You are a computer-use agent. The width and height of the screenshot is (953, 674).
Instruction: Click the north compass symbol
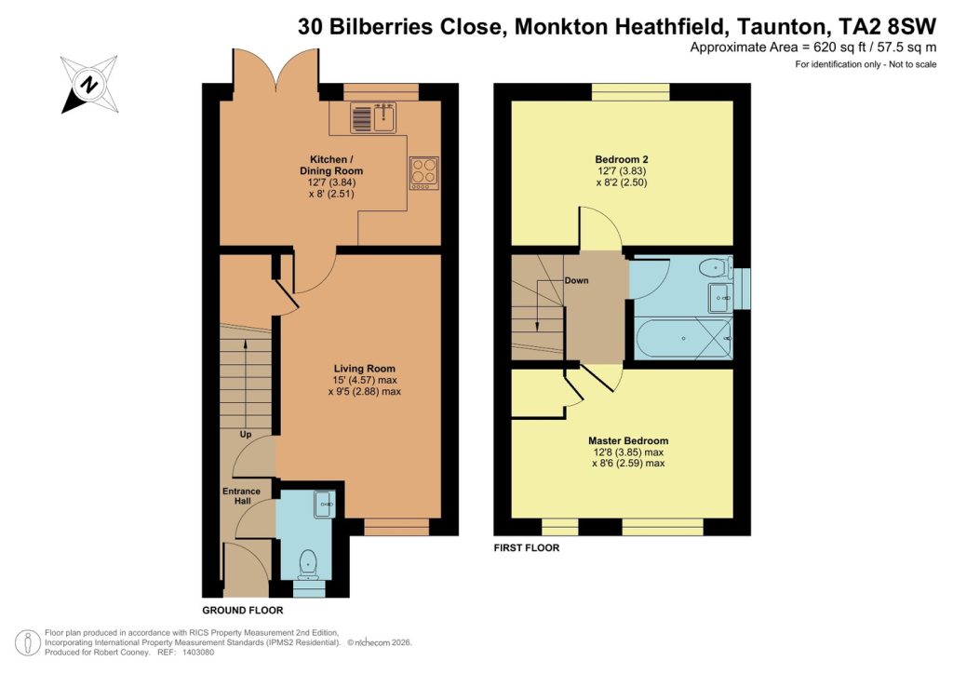89,84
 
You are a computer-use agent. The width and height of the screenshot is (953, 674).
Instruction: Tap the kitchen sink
372,117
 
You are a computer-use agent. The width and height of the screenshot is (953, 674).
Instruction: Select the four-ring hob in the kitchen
423,174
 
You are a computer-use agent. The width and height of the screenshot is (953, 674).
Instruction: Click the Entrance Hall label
241,496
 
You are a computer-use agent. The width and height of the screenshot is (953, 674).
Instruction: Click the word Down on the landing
576,280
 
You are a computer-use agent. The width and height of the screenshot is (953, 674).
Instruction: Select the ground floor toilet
309,563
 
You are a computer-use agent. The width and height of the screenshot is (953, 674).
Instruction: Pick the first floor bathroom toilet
712,268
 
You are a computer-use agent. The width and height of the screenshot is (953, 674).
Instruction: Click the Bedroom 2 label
622,158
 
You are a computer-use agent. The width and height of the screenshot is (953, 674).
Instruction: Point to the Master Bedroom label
627,440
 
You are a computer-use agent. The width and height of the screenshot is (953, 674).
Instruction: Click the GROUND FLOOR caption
243,611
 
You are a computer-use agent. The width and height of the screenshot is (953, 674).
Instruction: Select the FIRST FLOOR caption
527,548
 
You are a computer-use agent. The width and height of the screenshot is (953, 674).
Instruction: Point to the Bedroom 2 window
630,91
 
